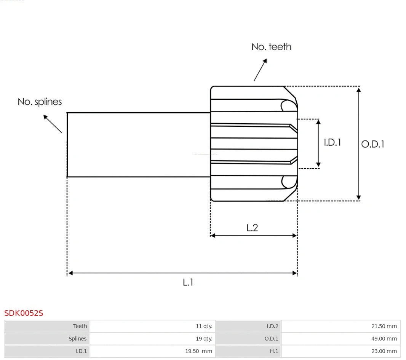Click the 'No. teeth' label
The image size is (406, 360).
pos(271,47)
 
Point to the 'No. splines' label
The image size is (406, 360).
pos(40,102)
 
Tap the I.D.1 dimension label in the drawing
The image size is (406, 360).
pos(332,142)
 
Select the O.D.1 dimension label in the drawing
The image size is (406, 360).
pos(372,144)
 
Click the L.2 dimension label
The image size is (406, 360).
pos(252,228)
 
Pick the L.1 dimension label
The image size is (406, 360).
pos(188,282)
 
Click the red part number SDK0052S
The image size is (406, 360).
pos(24,313)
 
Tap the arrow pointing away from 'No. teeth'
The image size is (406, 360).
pos(260,70)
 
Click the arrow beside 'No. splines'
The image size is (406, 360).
pos(52,124)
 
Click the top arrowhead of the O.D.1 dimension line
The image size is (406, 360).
pos(358,90)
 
